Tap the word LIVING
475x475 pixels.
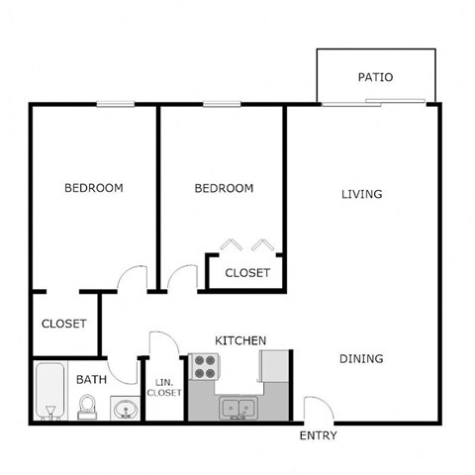[361, 194]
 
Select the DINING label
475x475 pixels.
[361, 358]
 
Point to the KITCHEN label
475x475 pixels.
[240, 340]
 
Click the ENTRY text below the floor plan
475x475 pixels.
[318, 435]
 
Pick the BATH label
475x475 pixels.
[91, 378]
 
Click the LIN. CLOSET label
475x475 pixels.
[164, 387]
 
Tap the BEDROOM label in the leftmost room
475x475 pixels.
[94, 188]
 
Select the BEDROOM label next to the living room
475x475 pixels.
[224, 188]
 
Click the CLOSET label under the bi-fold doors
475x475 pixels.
[247, 273]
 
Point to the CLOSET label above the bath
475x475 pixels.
[64, 324]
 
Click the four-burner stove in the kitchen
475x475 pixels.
[205, 369]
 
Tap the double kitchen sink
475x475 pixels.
[237, 407]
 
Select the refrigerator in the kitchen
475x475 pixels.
[273, 365]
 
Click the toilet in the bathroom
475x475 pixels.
[87, 407]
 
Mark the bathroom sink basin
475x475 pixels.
[124, 408]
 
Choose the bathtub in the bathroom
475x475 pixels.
[48, 393]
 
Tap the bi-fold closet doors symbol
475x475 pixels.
[245, 244]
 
